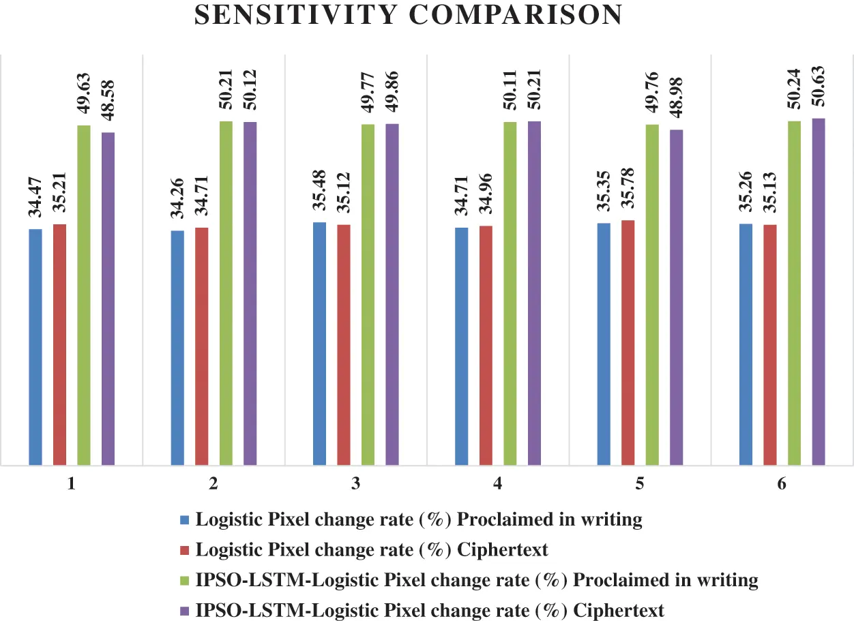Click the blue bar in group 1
click(x=35, y=348)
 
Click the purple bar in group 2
click(x=250, y=294)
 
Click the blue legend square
click(x=183, y=520)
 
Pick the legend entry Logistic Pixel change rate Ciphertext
click(x=372, y=549)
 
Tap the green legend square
click(x=183, y=580)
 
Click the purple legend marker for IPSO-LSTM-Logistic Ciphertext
click(x=183, y=610)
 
